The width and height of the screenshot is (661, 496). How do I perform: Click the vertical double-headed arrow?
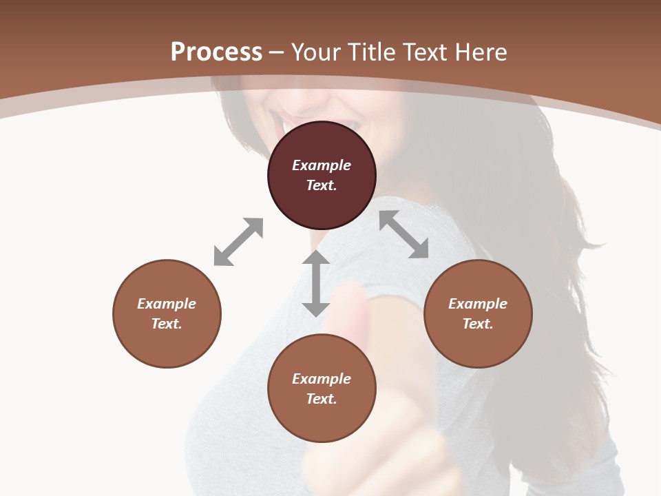coord(316,283)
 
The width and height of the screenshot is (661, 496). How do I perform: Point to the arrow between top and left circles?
coord(238,242)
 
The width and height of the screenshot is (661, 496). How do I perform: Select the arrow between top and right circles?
coord(403,234)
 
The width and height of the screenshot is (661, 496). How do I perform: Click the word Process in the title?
coord(216,52)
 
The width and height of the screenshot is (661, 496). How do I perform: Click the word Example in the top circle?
coord(322,165)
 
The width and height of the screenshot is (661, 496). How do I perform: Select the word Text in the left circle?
coord(167,324)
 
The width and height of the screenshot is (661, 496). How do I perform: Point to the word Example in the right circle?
coord(478,304)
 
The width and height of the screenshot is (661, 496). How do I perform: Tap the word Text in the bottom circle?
coord(322,399)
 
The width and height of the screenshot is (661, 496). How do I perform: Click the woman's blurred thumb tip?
coord(350,296)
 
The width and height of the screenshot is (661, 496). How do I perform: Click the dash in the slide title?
coord(277,52)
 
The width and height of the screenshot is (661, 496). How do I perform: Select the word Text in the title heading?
coord(425,52)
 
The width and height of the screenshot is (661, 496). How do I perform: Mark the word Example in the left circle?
coord(167,304)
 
